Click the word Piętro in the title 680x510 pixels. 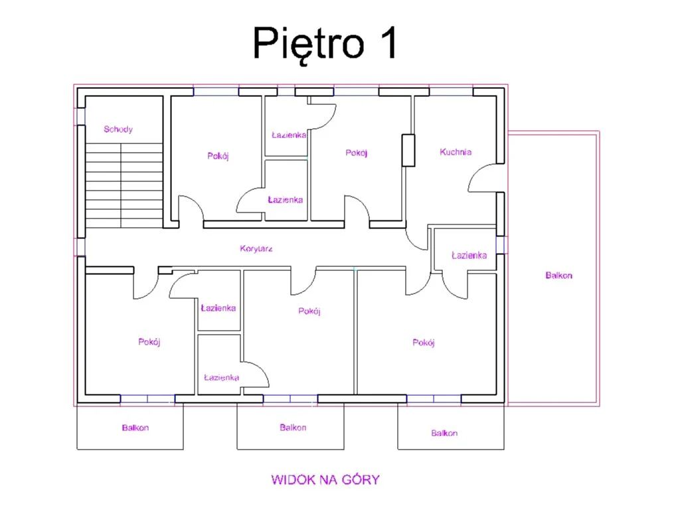(308, 43)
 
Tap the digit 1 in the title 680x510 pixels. (387, 42)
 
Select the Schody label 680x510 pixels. (118, 129)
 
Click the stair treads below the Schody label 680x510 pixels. (124, 186)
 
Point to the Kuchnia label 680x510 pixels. (456, 152)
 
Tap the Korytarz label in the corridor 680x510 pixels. (256, 248)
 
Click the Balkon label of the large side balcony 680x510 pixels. (558, 276)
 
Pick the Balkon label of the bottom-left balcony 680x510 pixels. (135, 428)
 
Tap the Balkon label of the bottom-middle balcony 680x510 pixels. (293, 428)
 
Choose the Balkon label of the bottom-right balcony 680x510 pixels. (444, 433)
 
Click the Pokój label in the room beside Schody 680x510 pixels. (218, 155)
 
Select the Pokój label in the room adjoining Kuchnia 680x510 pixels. (357, 153)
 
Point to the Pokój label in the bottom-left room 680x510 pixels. (149, 342)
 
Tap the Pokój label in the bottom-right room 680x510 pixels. (424, 343)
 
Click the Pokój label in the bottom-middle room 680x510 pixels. (309, 311)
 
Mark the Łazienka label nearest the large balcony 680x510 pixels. (469, 256)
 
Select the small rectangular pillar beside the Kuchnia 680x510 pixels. (408, 150)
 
